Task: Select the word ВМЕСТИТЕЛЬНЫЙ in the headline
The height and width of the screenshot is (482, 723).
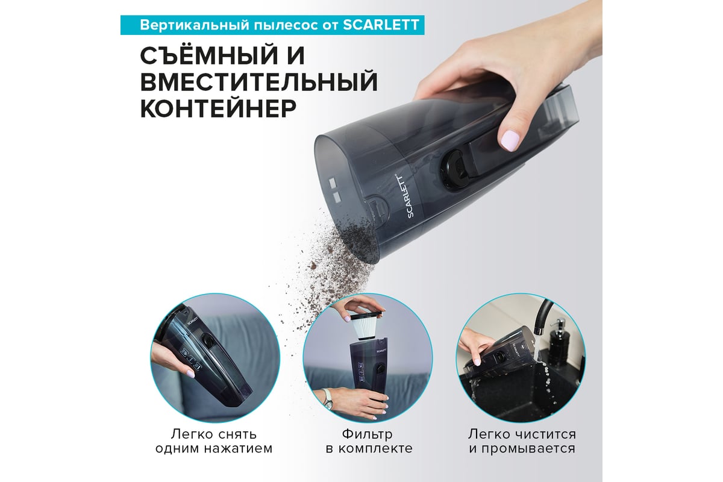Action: coord(258,82)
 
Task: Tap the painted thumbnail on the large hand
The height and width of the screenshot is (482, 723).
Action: coord(511,140)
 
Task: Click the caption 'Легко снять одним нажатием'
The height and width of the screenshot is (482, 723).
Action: coord(214,441)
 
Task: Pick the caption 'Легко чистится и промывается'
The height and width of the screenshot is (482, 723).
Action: coord(522,441)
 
